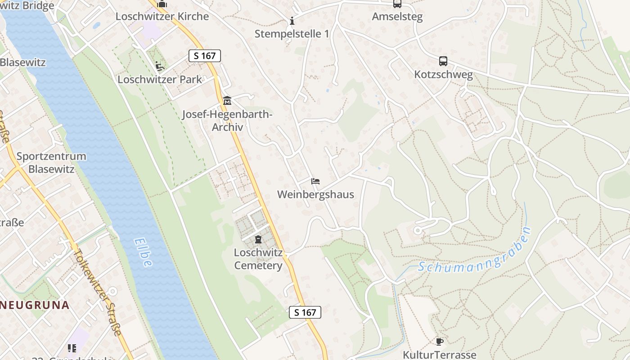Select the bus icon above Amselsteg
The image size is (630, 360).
click(x=397, y=4)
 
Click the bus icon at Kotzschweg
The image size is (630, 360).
click(x=443, y=61)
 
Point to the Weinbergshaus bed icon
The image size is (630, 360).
click(x=315, y=181)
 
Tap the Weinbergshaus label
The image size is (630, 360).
click(x=315, y=194)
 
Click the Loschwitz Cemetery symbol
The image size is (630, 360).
click(x=258, y=239)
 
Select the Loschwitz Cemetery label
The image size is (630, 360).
click(x=258, y=259)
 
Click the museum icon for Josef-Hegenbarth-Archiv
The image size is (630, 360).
click(x=227, y=100)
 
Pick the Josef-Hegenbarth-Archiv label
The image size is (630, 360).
click(x=227, y=121)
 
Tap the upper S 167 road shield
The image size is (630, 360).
click(x=204, y=56)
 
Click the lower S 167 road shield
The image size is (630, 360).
click(x=305, y=312)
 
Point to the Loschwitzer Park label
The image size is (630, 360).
click(x=160, y=80)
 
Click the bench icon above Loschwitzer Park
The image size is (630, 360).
click(x=160, y=66)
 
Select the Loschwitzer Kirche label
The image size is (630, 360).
click(x=162, y=16)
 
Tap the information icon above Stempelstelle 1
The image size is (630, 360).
click(x=292, y=21)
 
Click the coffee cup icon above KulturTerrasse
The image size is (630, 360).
click(x=440, y=342)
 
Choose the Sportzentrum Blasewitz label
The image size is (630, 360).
click(x=51, y=162)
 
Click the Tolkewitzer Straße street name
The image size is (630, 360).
click(x=98, y=292)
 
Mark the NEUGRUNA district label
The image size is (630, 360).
click(x=35, y=305)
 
